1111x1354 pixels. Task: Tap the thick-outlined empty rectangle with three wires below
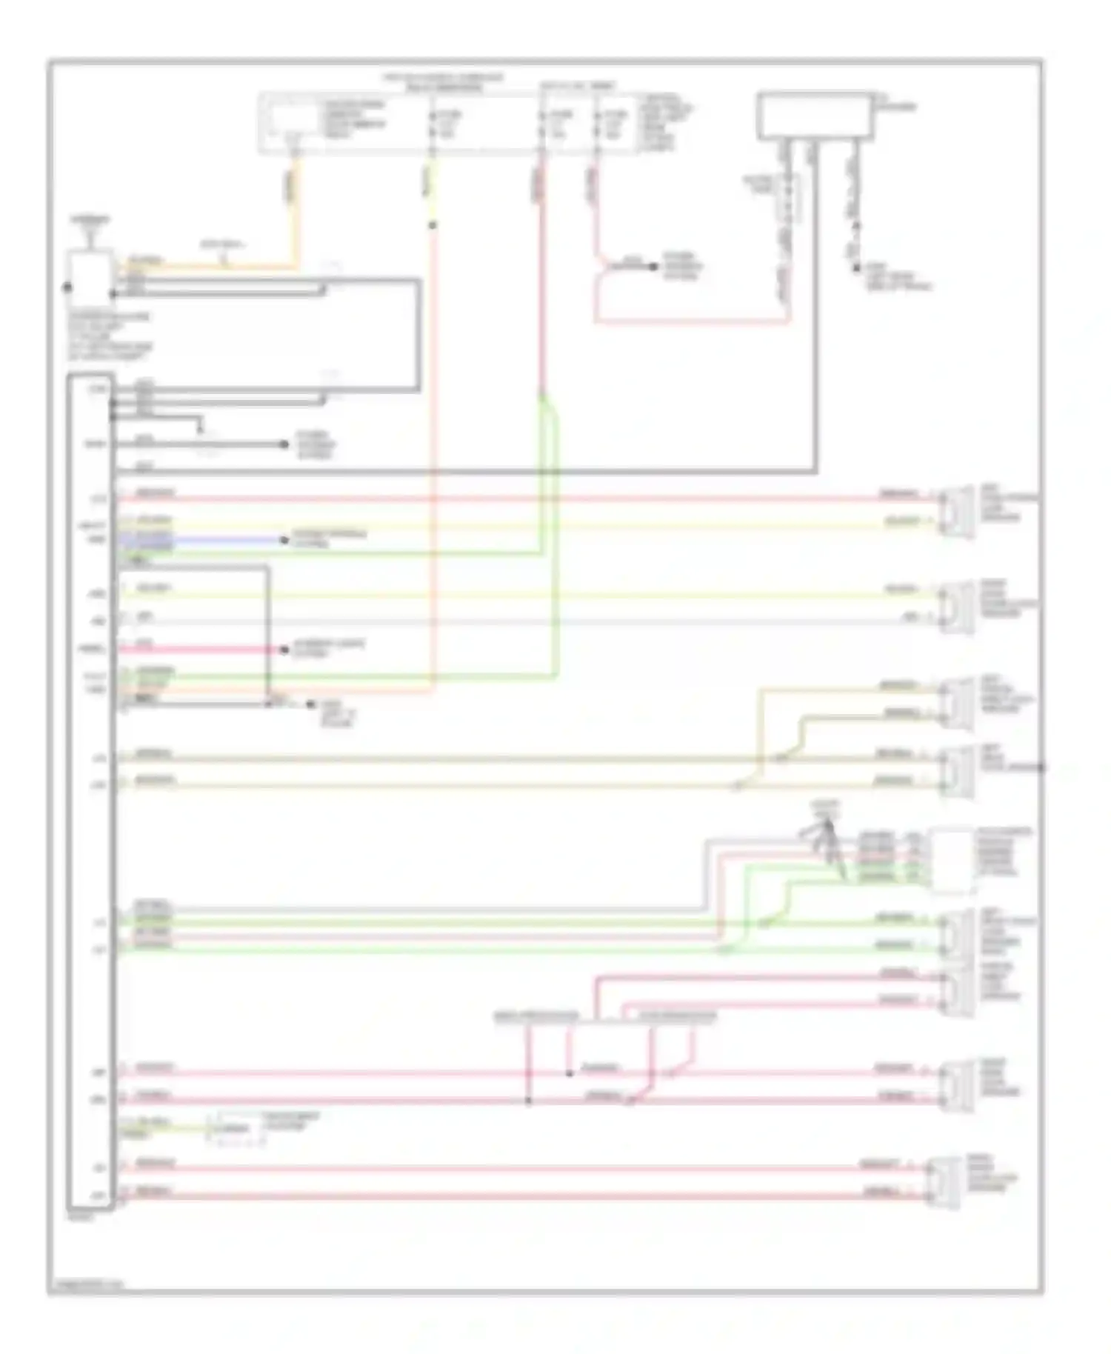[815, 116]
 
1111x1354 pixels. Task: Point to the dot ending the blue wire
[284, 540]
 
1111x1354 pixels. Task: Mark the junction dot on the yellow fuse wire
[433, 225]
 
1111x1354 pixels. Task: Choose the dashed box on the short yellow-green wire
[237, 1130]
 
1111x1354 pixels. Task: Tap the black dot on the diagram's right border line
[1041, 767]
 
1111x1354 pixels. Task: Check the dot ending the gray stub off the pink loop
[653, 267]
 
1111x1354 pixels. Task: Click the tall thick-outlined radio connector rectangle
[90, 793]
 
